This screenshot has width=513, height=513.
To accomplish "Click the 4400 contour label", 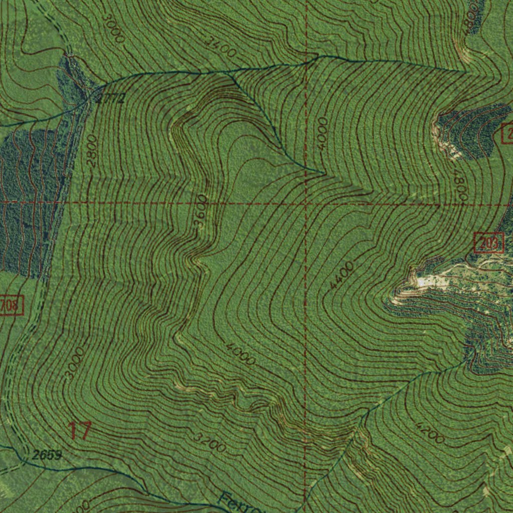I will click(x=342, y=275).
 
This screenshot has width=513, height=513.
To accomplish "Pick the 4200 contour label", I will click(x=430, y=432).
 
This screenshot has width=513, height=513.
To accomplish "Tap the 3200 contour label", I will click(x=209, y=442).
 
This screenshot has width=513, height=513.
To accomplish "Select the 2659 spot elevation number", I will click(x=46, y=455).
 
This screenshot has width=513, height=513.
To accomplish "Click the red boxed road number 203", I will click(x=489, y=243).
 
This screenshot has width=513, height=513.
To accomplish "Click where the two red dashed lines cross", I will click(x=306, y=203).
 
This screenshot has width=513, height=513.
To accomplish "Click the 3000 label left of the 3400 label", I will click(x=112, y=28).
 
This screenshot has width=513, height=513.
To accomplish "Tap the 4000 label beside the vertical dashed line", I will click(x=322, y=133).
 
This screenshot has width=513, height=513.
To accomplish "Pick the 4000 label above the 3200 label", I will click(x=240, y=354).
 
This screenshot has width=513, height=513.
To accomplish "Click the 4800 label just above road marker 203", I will click(x=460, y=185).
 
